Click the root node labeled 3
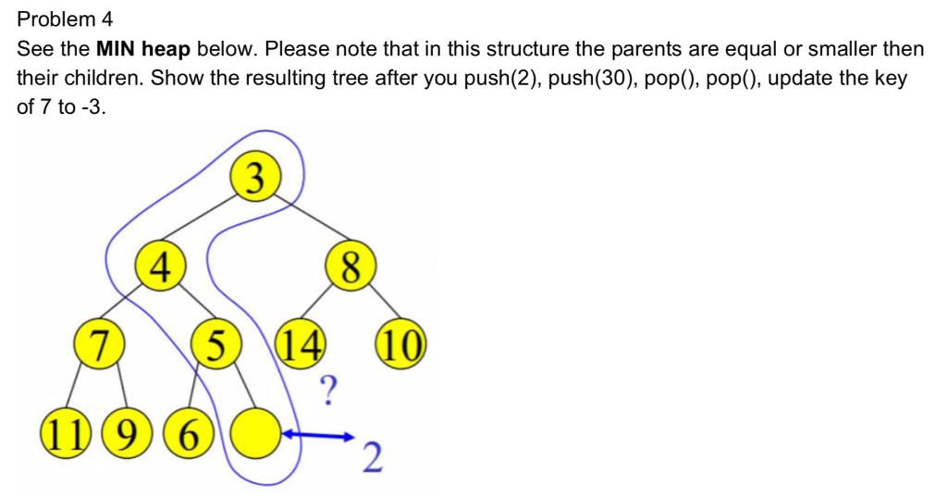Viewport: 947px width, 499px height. point(255,176)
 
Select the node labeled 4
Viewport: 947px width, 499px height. point(159,266)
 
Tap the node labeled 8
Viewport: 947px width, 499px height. point(351,266)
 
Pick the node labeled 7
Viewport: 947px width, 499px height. point(99,343)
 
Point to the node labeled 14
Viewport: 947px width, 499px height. point(301,343)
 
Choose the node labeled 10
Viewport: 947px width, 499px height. point(401,343)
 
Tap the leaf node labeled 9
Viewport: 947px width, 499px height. point(126,433)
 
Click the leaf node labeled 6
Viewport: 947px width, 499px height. point(189,433)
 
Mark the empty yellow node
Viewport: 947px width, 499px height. point(256,433)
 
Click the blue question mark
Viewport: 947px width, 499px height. point(327,390)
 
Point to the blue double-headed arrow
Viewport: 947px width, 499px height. point(318,435)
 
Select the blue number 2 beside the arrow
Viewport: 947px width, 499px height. point(374,458)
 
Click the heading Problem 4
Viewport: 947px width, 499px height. point(65,19)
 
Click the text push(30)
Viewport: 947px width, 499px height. point(590,79)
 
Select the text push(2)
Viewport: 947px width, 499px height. point(500,79)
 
